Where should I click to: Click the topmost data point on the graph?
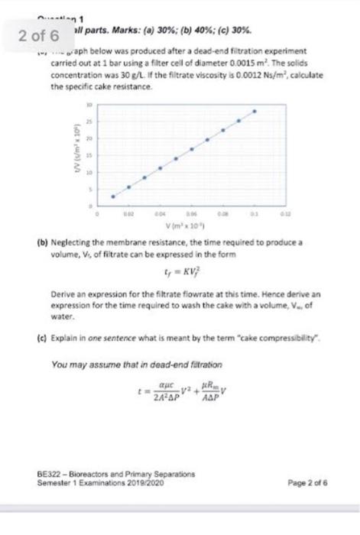pyautogui.click(x=255, y=110)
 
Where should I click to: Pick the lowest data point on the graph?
pyautogui.click(x=113, y=196)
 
